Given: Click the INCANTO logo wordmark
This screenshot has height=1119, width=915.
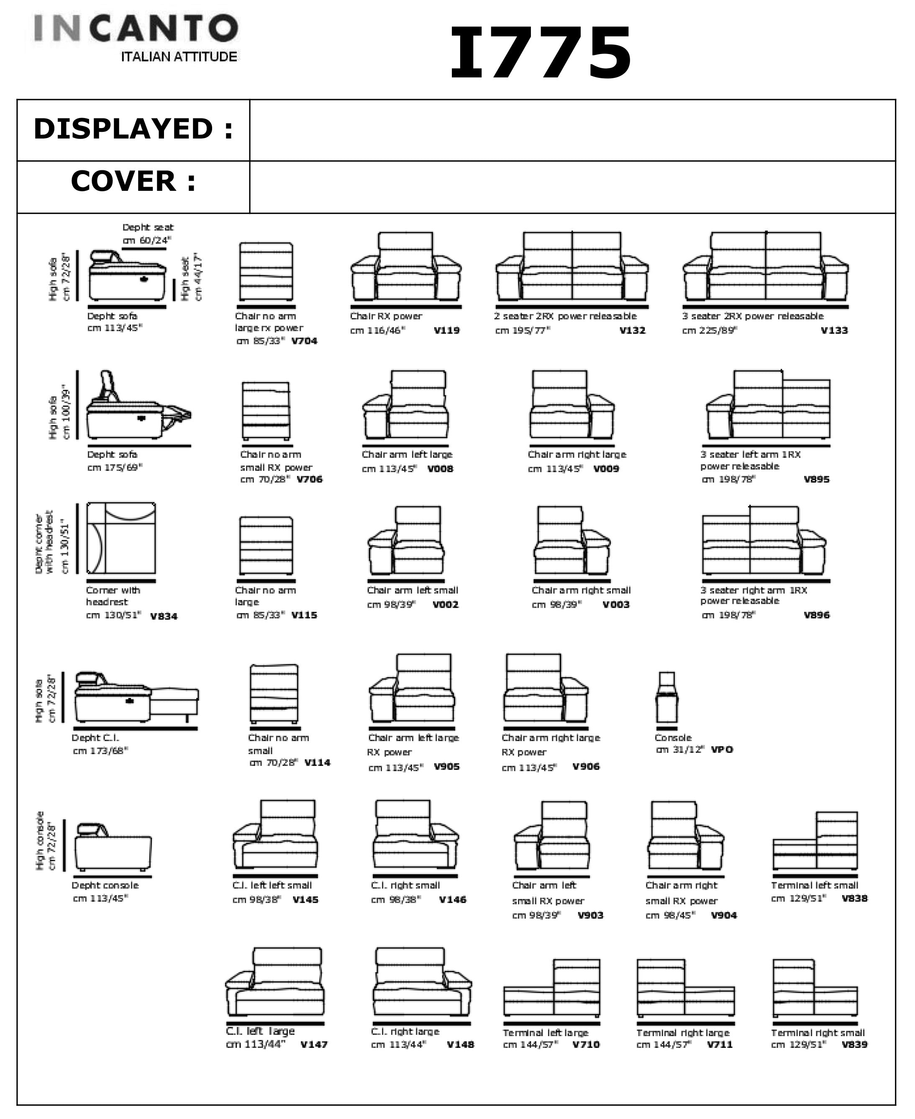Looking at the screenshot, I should point(136,28).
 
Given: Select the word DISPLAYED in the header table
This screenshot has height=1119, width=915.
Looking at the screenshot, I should point(123,129).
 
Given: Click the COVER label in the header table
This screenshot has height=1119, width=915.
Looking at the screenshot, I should point(123,181).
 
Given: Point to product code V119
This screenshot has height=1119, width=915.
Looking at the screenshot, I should point(446,331).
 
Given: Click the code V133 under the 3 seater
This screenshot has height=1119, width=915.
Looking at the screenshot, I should point(834,331).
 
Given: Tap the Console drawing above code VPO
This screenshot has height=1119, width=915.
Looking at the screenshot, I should point(667,697).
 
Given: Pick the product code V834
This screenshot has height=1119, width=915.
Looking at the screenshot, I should point(164,616).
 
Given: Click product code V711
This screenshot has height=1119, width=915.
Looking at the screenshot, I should point(720,1044).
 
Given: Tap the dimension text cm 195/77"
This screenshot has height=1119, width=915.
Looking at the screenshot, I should point(522,331).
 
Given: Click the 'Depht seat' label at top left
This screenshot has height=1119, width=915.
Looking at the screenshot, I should point(148,227).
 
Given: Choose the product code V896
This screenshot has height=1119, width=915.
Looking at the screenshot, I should point(816,615).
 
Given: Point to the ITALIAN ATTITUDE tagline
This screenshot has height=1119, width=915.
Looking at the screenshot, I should point(179,57).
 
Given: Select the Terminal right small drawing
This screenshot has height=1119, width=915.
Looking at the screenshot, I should point(815,987).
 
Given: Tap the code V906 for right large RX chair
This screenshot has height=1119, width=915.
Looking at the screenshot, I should point(586,766).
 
